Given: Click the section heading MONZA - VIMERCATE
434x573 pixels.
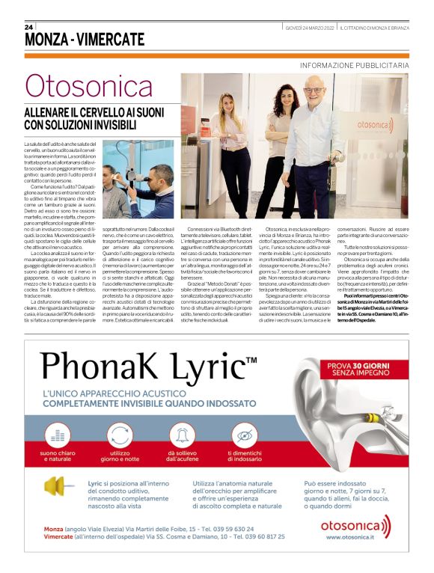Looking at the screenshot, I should [x=84, y=39].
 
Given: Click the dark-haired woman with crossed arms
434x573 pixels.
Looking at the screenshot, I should [x=268, y=142].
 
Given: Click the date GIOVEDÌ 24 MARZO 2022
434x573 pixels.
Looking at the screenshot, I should [x=310, y=28].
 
